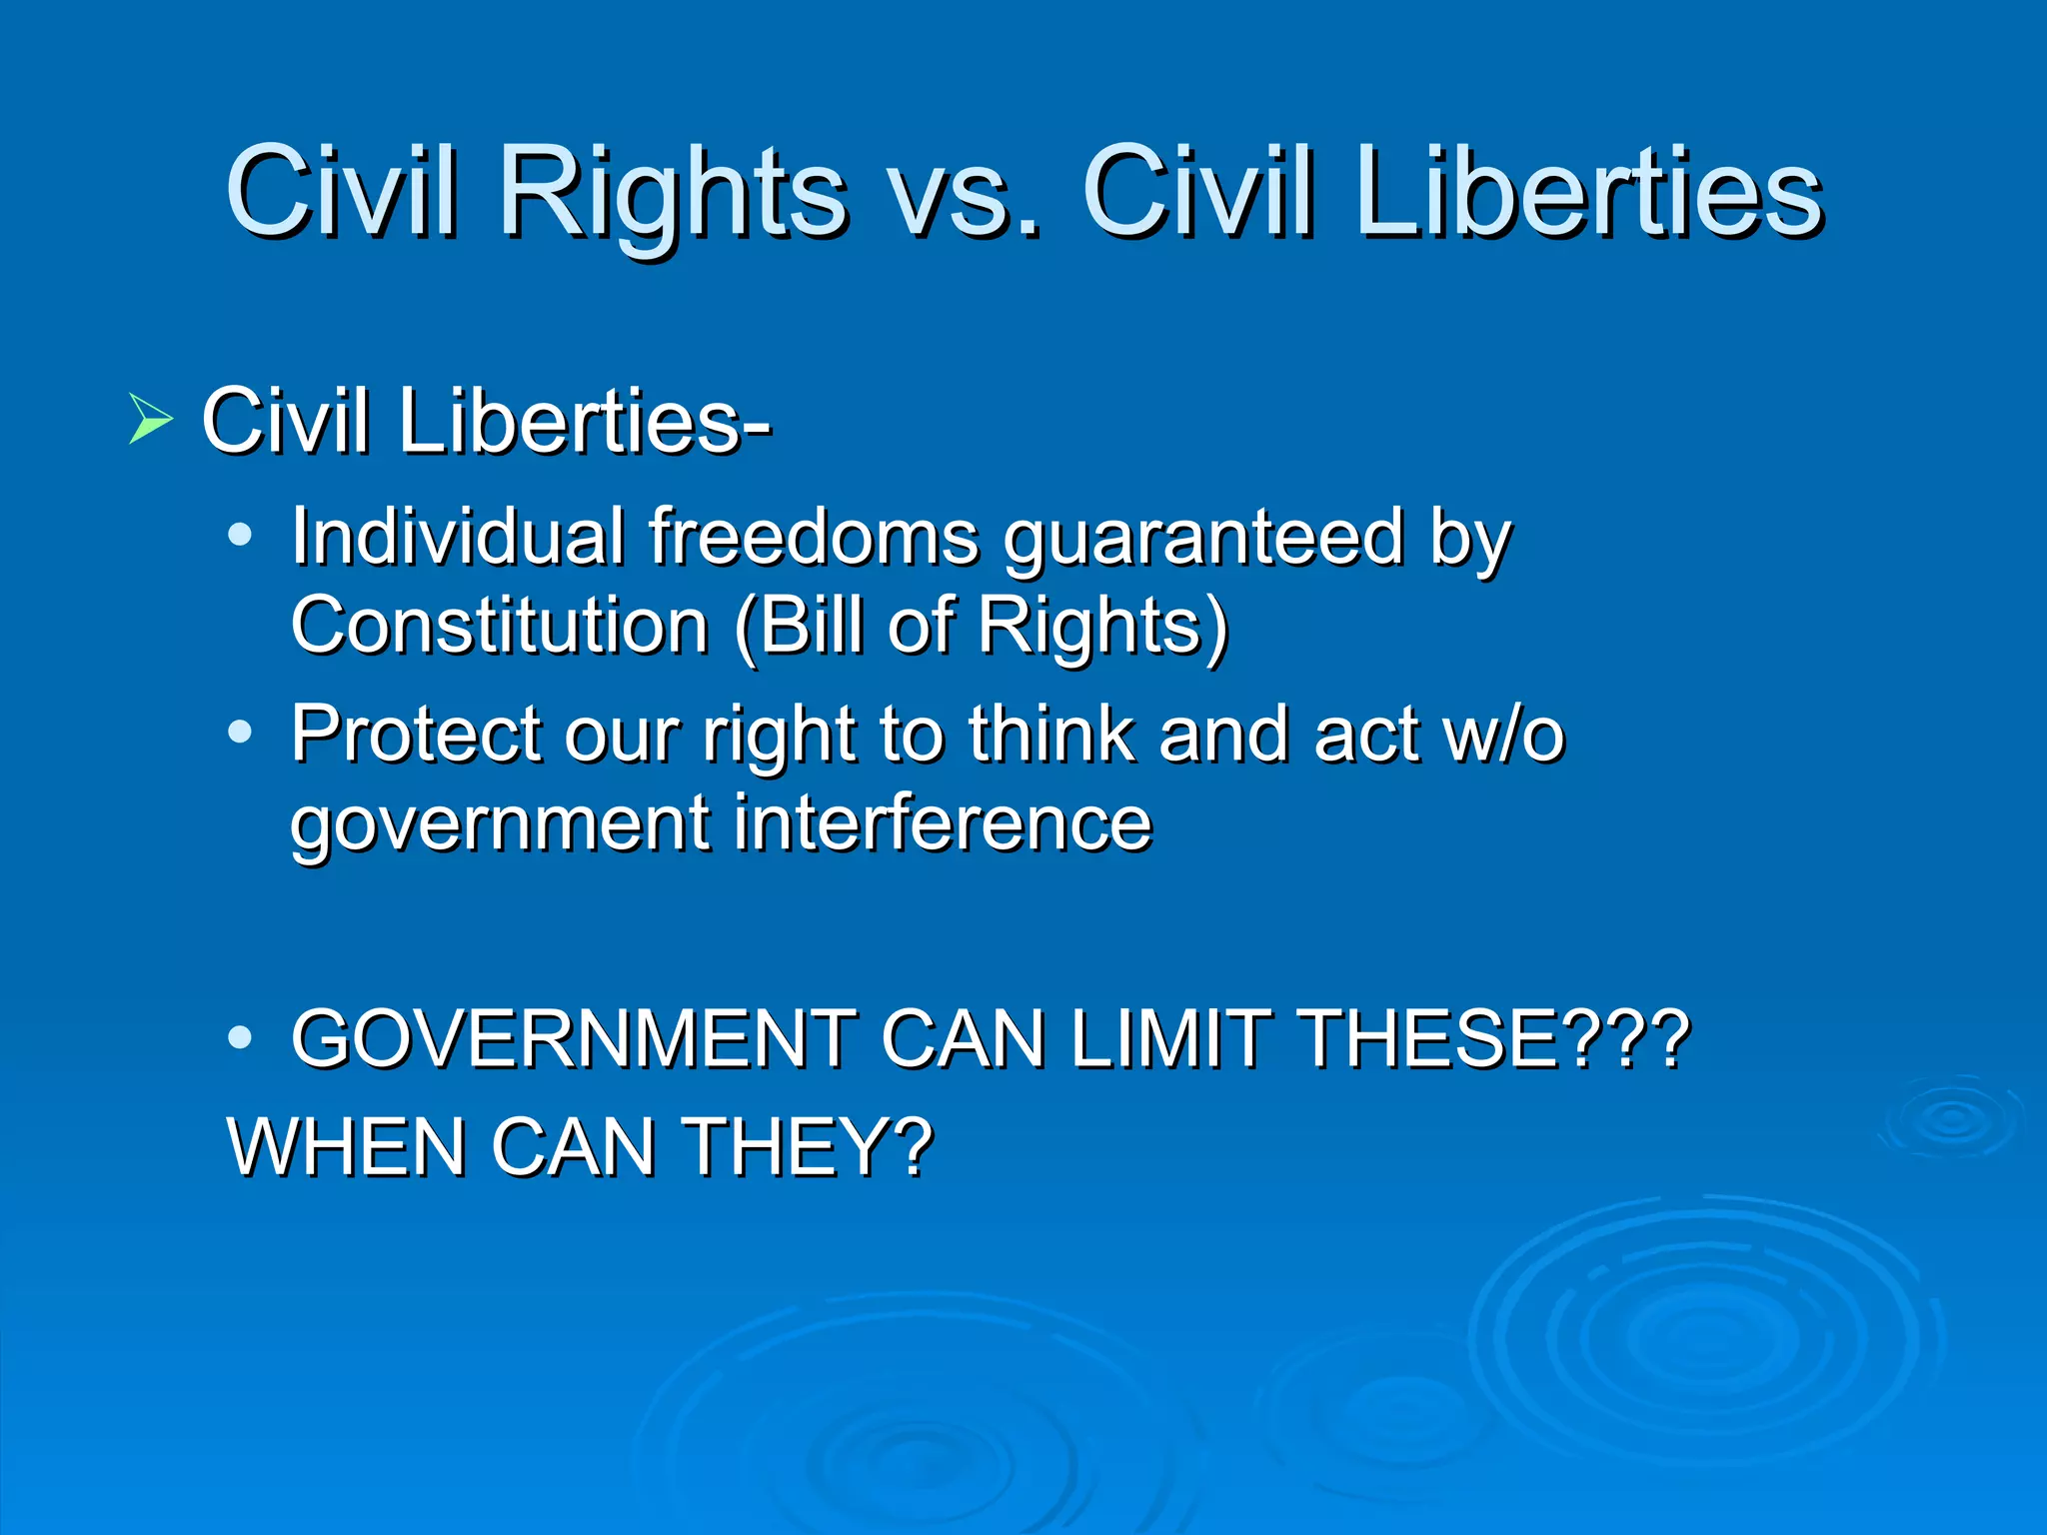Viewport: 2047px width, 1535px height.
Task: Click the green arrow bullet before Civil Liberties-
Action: click(150, 420)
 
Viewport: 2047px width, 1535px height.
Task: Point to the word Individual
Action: click(458, 538)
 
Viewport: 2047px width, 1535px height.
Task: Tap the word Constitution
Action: click(500, 626)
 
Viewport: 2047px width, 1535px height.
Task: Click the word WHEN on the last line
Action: click(346, 1147)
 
